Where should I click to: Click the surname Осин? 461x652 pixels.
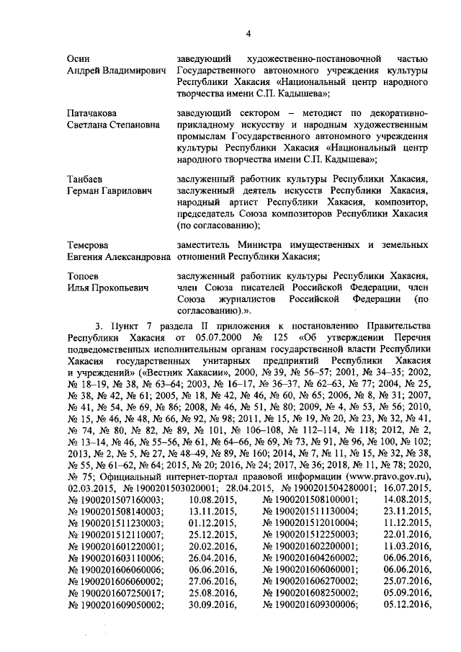(79, 58)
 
